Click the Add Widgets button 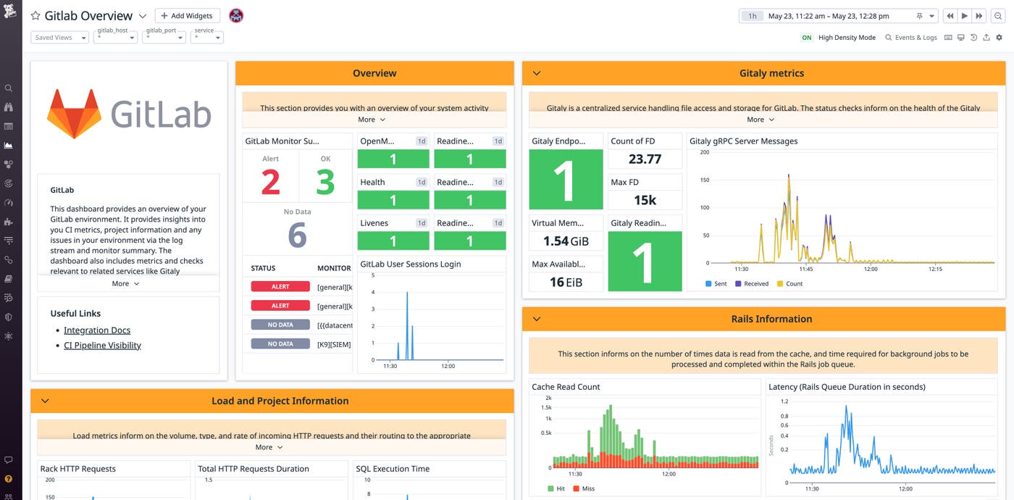(187, 16)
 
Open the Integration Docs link (97, 330)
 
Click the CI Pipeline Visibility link (102, 346)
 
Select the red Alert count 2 (270, 183)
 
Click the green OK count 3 (325, 183)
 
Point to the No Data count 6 (297, 236)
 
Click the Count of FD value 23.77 (645, 159)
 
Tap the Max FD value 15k (645, 200)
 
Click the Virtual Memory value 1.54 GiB (566, 241)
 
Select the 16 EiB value (566, 282)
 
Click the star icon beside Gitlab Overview (35, 16)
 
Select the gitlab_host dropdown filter (115, 37)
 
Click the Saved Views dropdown (60, 38)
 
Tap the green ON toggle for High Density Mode (807, 38)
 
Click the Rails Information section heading (771, 319)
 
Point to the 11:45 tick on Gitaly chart (806, 269)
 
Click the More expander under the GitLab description (125, 284)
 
